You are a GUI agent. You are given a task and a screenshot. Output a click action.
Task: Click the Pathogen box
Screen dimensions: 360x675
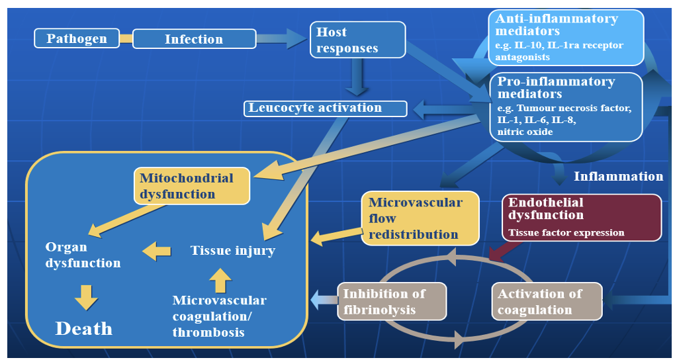[77, 38]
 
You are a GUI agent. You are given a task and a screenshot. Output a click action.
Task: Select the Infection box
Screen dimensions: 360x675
[194, 39]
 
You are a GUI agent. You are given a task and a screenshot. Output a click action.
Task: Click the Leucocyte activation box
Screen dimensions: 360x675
[325, 108]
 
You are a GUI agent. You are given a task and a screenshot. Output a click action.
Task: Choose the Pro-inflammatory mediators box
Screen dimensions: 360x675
[566, 107]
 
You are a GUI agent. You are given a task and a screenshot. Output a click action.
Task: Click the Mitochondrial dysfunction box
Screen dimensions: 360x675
[193, 186]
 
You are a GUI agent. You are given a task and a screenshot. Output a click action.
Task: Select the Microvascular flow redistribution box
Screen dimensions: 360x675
[420, 218]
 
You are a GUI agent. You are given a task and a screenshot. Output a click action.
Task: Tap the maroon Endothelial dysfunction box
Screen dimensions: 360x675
[582, 216]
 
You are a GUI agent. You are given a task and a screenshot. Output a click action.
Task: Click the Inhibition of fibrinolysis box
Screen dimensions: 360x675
[392, 301]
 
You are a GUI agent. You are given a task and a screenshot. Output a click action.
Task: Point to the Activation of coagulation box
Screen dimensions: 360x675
[547, 301]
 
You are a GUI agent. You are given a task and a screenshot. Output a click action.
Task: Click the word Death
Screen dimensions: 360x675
[84, 328]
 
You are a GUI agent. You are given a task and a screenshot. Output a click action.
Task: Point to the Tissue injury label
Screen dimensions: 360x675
[233, 250]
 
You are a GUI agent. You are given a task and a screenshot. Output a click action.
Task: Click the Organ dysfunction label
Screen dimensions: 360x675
[83, 255]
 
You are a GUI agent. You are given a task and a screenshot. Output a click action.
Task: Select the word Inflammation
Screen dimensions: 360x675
[618, 176]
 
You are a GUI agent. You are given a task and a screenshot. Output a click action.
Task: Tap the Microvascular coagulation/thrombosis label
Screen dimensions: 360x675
[220, 316]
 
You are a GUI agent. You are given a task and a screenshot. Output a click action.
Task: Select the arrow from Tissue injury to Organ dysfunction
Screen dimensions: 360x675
[157, 250]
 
